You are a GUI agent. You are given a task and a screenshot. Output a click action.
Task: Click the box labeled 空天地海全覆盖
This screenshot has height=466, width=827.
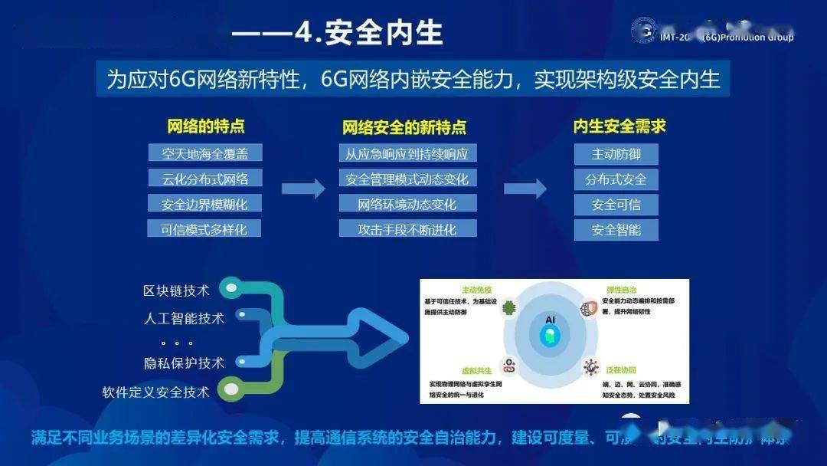click(x=205, y=153)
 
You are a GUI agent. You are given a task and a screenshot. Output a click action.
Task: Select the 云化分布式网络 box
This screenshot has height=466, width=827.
click(x=205, y=179)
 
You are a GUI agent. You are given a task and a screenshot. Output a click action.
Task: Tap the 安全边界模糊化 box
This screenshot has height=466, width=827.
click(x=205, y=204)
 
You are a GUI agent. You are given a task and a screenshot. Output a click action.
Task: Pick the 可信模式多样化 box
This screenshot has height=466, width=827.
click(x=205, y=228)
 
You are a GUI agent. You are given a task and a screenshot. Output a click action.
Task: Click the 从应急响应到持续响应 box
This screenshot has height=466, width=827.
click(x=407, y=153)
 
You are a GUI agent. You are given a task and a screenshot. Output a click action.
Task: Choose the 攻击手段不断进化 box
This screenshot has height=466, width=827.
click(x=407, y=228)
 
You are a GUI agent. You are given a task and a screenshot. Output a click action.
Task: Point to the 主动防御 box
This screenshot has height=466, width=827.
click(x=616, y=154)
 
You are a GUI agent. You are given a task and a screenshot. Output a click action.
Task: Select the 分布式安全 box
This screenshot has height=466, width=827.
click(x=616, y=179)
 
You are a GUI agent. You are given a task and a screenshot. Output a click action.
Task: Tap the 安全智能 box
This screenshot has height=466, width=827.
click(x=616, y=229)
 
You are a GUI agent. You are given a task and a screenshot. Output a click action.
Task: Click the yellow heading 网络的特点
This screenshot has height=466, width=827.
click(x=205, y=126)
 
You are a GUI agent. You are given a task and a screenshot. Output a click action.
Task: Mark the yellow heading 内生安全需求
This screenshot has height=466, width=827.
click(x=619, y=126)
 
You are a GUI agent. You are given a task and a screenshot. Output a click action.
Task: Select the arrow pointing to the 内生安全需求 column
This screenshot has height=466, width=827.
click(x=525, y=189)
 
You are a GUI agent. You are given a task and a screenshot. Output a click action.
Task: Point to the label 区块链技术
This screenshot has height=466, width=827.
click(x=176, y=291)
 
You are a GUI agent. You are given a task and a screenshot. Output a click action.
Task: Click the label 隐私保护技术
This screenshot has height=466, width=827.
click(x=184, y=363)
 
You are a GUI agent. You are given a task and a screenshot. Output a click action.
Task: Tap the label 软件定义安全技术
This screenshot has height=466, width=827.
click(x=155, y=392)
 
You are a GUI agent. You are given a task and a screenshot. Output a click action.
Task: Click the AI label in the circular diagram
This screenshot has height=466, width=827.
click(x=550, y=319)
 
